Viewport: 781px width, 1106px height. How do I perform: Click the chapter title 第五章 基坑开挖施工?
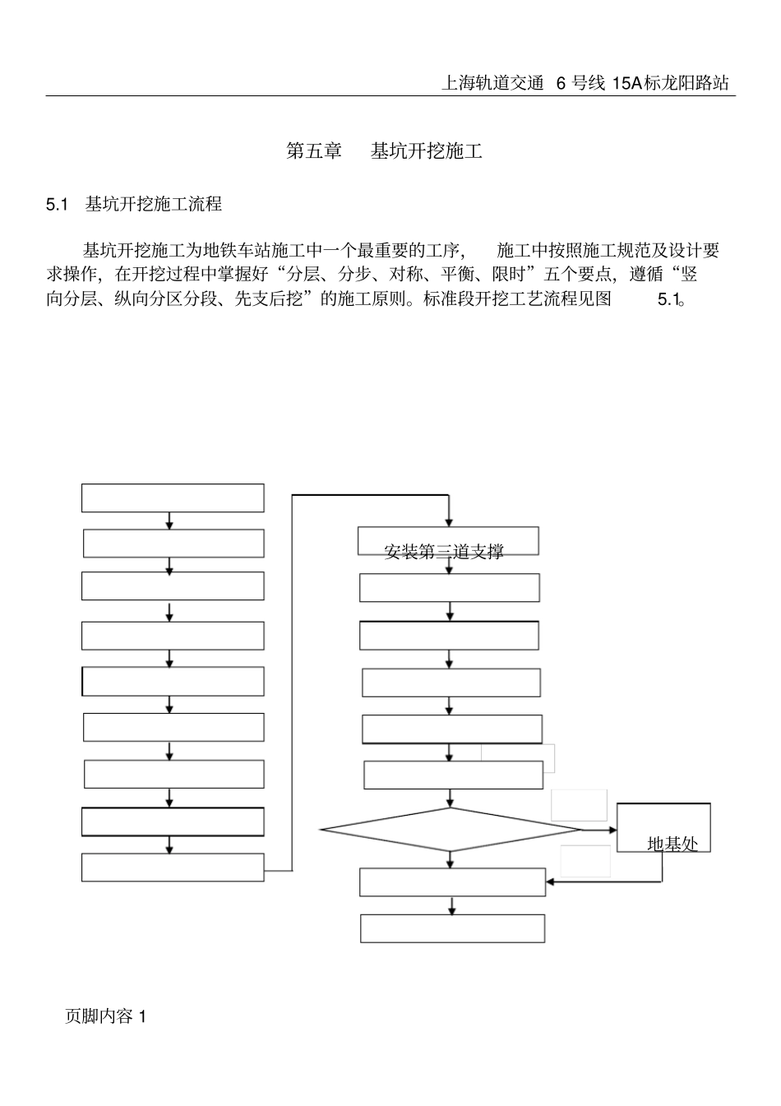pyautogui.click(x=383, y=151)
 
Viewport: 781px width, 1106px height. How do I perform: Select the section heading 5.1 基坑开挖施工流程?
pyautogui.click(x=134, y=204)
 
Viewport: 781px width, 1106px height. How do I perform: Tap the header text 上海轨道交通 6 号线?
pyautogui.click(x=524, y=83)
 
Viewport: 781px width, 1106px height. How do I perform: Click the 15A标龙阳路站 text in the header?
pyautogui.click(x=670, y=83)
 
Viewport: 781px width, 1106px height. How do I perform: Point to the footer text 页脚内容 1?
pyautogui.click(x=105, y=1016)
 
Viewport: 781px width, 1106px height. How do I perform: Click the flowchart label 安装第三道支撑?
pyautogui.click(x=444, y=552)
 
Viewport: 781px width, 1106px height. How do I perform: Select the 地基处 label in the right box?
pyautogui.click(x=672, y=844)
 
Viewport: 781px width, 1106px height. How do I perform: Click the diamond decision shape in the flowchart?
pyautogui.click(x=451, y=830)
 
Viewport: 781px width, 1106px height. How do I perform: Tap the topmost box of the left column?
pyautogui.click(x=173, y=498)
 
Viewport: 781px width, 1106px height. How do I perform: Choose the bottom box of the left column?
pyautogui.click(x=173, y=868)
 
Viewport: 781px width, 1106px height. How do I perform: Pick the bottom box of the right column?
pyautogui.click(x=452, y=928)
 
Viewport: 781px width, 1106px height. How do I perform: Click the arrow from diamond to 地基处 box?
pyautogui.click(x=598, y=830)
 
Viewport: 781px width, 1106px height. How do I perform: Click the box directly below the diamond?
pyautogui.click(x=452, y=882)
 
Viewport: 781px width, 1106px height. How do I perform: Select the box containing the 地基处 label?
pyautogui.click(x=663, y=827)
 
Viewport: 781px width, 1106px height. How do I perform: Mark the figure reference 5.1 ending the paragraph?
pyautogui.click(x=668, y=299)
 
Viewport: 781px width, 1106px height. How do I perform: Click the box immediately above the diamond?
pyautogui.click(x=453, y=775)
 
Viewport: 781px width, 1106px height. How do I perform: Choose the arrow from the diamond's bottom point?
pyautogui.click(x=451, y=859)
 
